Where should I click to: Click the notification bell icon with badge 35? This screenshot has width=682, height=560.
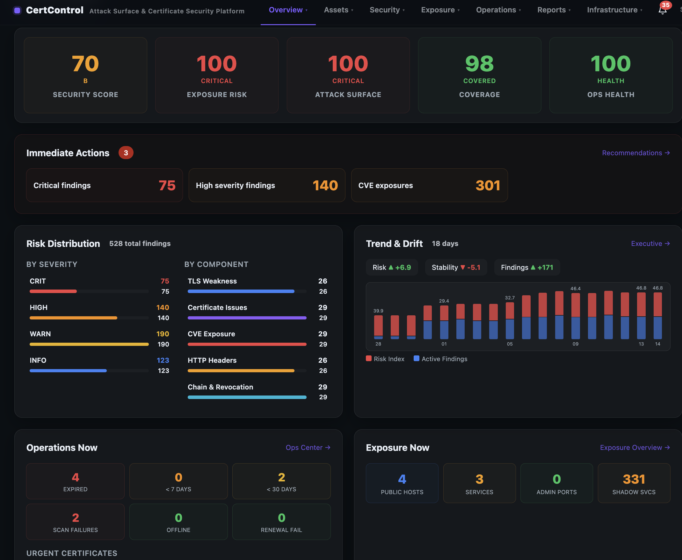pyautogui.click(x=662, y=10)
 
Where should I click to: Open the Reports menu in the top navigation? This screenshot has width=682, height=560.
pyautogui.click(x=554, y=10)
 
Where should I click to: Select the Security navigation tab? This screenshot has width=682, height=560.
pyautogui.click(x=387, y=10)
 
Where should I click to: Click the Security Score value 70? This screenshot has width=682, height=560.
pyautogui.click(x=85, y=64)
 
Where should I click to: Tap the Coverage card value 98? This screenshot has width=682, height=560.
pyautogui.click(x=479, y=64)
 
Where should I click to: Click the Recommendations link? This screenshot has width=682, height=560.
pyautogui.click(x=635, y=153)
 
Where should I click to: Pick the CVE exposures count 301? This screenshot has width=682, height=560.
pyautogui.click(x=488, y=185)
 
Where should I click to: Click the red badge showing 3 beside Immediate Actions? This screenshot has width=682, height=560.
pyautogui.click(x=126, y=153)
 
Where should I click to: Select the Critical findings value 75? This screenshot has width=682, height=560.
pyautogui.click(x=167, y=185)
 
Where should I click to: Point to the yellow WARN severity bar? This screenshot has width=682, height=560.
pyautogui.click(x=89, y=344)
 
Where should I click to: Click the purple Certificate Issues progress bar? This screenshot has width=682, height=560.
pyautogui.click(x=247, y=318)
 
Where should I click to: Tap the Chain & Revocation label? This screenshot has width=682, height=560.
pyautogui.click(x=220, y=387)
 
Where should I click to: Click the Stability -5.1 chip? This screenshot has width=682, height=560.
pyautogui.click(x=455, y=267)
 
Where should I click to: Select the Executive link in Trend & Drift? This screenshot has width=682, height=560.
pyautogui.click(x=650, y=243)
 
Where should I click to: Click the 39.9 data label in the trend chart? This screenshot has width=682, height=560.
pyautogui.click(x=378, y=311)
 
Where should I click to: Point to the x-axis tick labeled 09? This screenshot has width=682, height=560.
pyautogui.click(x=575, y=344)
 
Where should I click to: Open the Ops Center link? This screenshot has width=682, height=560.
pyautogui.click(x=308, y=447)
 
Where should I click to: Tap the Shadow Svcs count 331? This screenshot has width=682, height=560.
pyautogui.click(x=634, y=479)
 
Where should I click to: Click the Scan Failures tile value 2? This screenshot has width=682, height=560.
pyautogui.click(x=75, y=517)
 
